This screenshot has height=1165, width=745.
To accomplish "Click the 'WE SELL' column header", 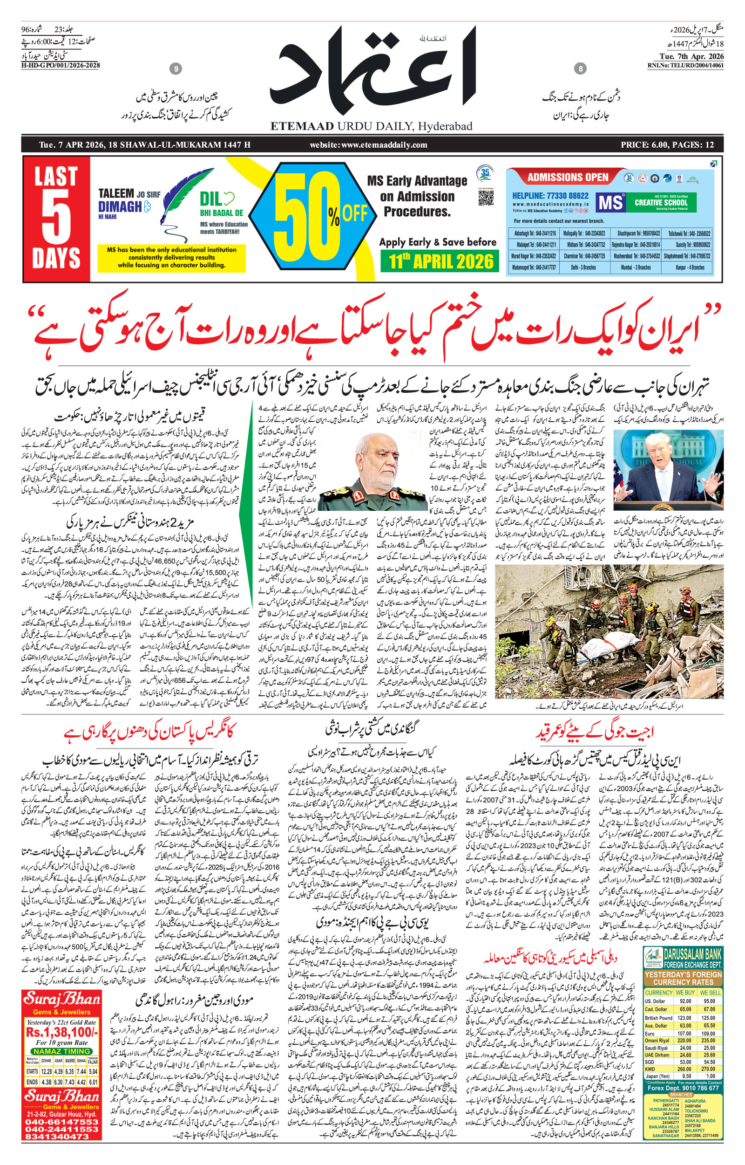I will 710,993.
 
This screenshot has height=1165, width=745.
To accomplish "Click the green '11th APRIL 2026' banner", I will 443,261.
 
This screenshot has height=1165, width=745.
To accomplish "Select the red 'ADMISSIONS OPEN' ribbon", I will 568,177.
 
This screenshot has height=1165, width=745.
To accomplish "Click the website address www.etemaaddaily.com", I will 369,145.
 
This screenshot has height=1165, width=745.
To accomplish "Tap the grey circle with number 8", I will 580,69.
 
